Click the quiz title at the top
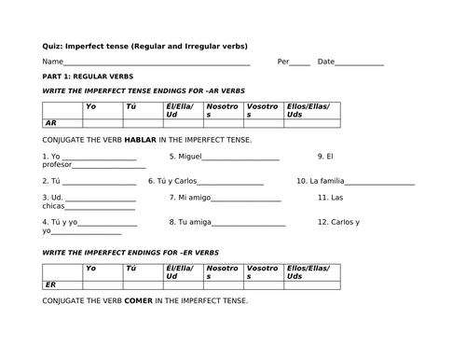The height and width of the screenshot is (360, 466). click(x=145, y=46)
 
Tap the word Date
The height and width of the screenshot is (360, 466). click(x=325, y=62)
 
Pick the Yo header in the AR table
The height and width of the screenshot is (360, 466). click(x=89, y=106)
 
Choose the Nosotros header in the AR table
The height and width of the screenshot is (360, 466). click(x=223, y=110)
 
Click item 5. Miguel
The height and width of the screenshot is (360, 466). click(x=191, y=156)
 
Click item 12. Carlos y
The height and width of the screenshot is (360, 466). click(x=337, y=222)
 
